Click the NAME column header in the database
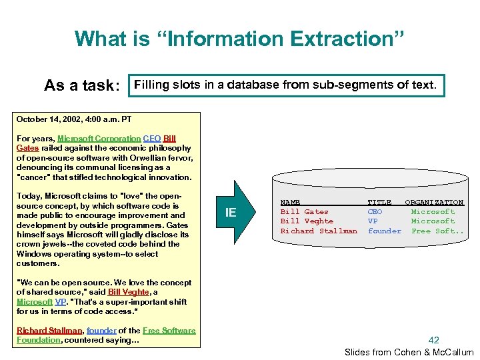point(290,202)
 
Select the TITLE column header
point(379,202)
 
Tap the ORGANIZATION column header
point(434,202)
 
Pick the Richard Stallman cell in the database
point(319,231)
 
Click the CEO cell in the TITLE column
point(375,211)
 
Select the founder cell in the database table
point(385,231)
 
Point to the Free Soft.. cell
point(437,231)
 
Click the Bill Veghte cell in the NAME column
point(307,221)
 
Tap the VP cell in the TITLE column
point(373,221)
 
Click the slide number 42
point(434,340)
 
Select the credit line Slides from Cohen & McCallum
point(409,352)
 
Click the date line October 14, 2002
point(74,119)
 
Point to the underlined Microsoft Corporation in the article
point(99,139)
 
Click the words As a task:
point(81,86)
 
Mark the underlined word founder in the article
point(101,331)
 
